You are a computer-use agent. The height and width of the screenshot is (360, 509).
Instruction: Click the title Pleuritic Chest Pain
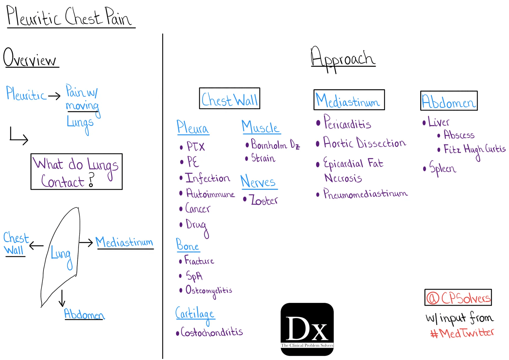pos(69,17)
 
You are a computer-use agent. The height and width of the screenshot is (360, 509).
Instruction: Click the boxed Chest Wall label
pos(229,99)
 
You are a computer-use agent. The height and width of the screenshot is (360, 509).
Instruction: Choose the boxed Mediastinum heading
pos(349,100)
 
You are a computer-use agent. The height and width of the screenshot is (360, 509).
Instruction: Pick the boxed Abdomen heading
pos(449,101)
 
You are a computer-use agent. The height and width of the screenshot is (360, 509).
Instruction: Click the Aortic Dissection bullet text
pos(364,143)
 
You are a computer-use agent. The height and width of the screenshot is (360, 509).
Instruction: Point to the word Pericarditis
pos(347,123)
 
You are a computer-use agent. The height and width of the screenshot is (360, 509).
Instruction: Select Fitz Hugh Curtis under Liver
pos(474,150)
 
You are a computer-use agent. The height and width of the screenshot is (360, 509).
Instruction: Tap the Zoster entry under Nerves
pos(264,200)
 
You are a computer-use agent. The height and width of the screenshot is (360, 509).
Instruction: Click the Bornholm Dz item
pos(275,144)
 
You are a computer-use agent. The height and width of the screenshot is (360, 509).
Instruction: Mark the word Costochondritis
pos(211,332)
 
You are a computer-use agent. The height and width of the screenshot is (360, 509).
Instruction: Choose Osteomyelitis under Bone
pos(209,291)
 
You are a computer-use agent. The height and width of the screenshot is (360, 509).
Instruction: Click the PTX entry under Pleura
pos(195,147)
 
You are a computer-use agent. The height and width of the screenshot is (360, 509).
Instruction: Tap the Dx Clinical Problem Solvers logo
pos(307,329)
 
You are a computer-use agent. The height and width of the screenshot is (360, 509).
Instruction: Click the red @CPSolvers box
pos(458,298)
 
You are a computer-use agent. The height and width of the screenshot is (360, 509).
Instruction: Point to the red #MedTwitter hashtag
pos(462,333)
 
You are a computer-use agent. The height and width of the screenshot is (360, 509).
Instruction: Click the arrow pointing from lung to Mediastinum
pos(86,243)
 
